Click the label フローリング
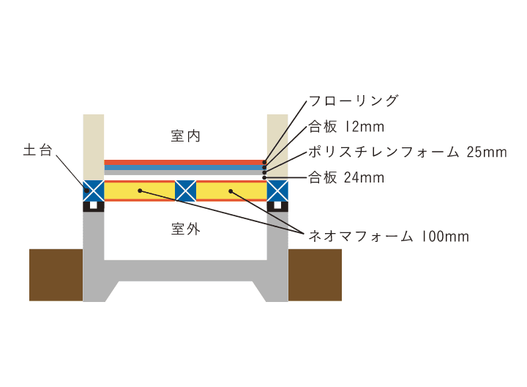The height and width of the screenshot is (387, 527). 354,100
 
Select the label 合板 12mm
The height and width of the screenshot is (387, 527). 346,127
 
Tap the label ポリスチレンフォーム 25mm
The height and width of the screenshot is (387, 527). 408,152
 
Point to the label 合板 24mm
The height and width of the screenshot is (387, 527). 346,177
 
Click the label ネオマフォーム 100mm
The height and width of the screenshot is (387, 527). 389,236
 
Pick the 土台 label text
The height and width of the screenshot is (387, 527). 37,150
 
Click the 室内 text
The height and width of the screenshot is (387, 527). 185,136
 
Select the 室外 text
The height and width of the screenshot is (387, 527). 185,229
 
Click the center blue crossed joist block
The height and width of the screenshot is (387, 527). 185,191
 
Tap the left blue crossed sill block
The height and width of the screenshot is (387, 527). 94,191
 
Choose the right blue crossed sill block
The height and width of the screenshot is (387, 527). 277,191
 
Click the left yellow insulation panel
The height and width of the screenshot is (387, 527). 140,191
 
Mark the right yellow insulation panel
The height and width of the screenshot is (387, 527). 231,191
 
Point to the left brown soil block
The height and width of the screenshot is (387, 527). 56,275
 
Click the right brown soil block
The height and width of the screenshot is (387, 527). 315,275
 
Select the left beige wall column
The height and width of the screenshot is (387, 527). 94,147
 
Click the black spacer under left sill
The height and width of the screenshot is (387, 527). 94,206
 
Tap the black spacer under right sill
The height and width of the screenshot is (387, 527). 277,206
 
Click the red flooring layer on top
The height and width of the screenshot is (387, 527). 185,163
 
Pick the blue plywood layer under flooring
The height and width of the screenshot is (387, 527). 185,167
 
